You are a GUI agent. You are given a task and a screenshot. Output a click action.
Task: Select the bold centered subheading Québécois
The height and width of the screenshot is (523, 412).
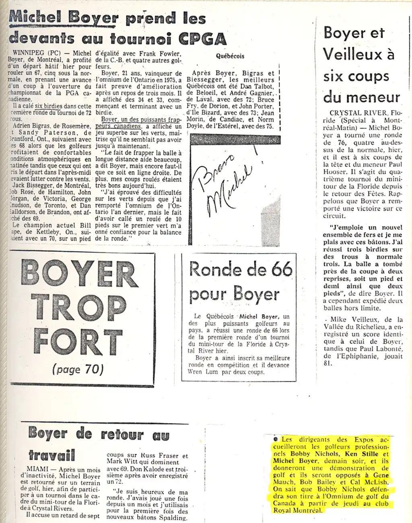[230, 56]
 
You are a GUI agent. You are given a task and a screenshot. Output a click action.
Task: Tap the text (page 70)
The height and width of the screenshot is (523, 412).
[78, 369]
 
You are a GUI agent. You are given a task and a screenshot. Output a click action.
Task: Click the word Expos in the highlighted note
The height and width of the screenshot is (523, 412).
[364, 440]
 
